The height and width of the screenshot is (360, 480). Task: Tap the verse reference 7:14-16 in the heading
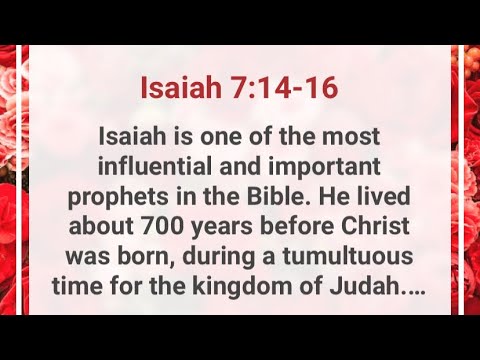pyautogui.click(x=282, y=89)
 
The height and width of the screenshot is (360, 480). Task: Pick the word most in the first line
pyautogui.click(x=335, y=133)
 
